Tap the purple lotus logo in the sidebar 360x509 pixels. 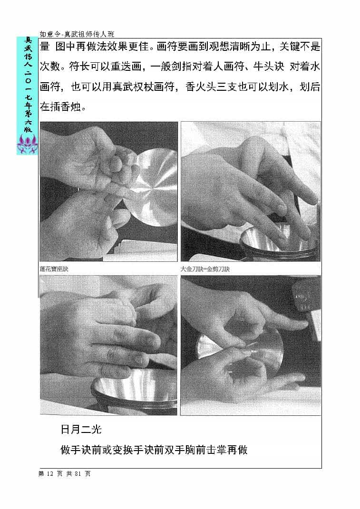coord(27,144)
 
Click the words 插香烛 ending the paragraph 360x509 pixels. coord(69,106)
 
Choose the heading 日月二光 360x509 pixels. coord(81,430)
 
